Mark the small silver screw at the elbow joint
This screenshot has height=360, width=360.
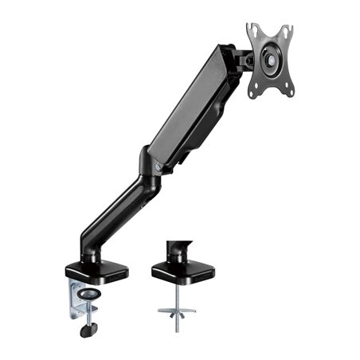tap(158, 167)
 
